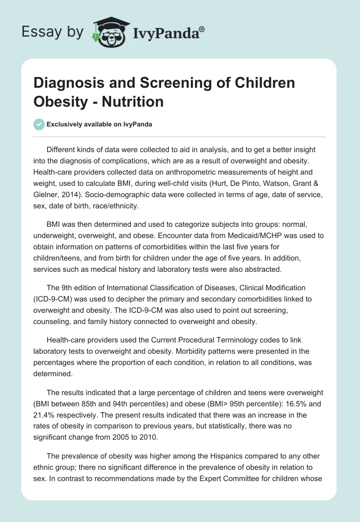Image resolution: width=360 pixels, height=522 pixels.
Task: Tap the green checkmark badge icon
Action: (39, 125)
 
